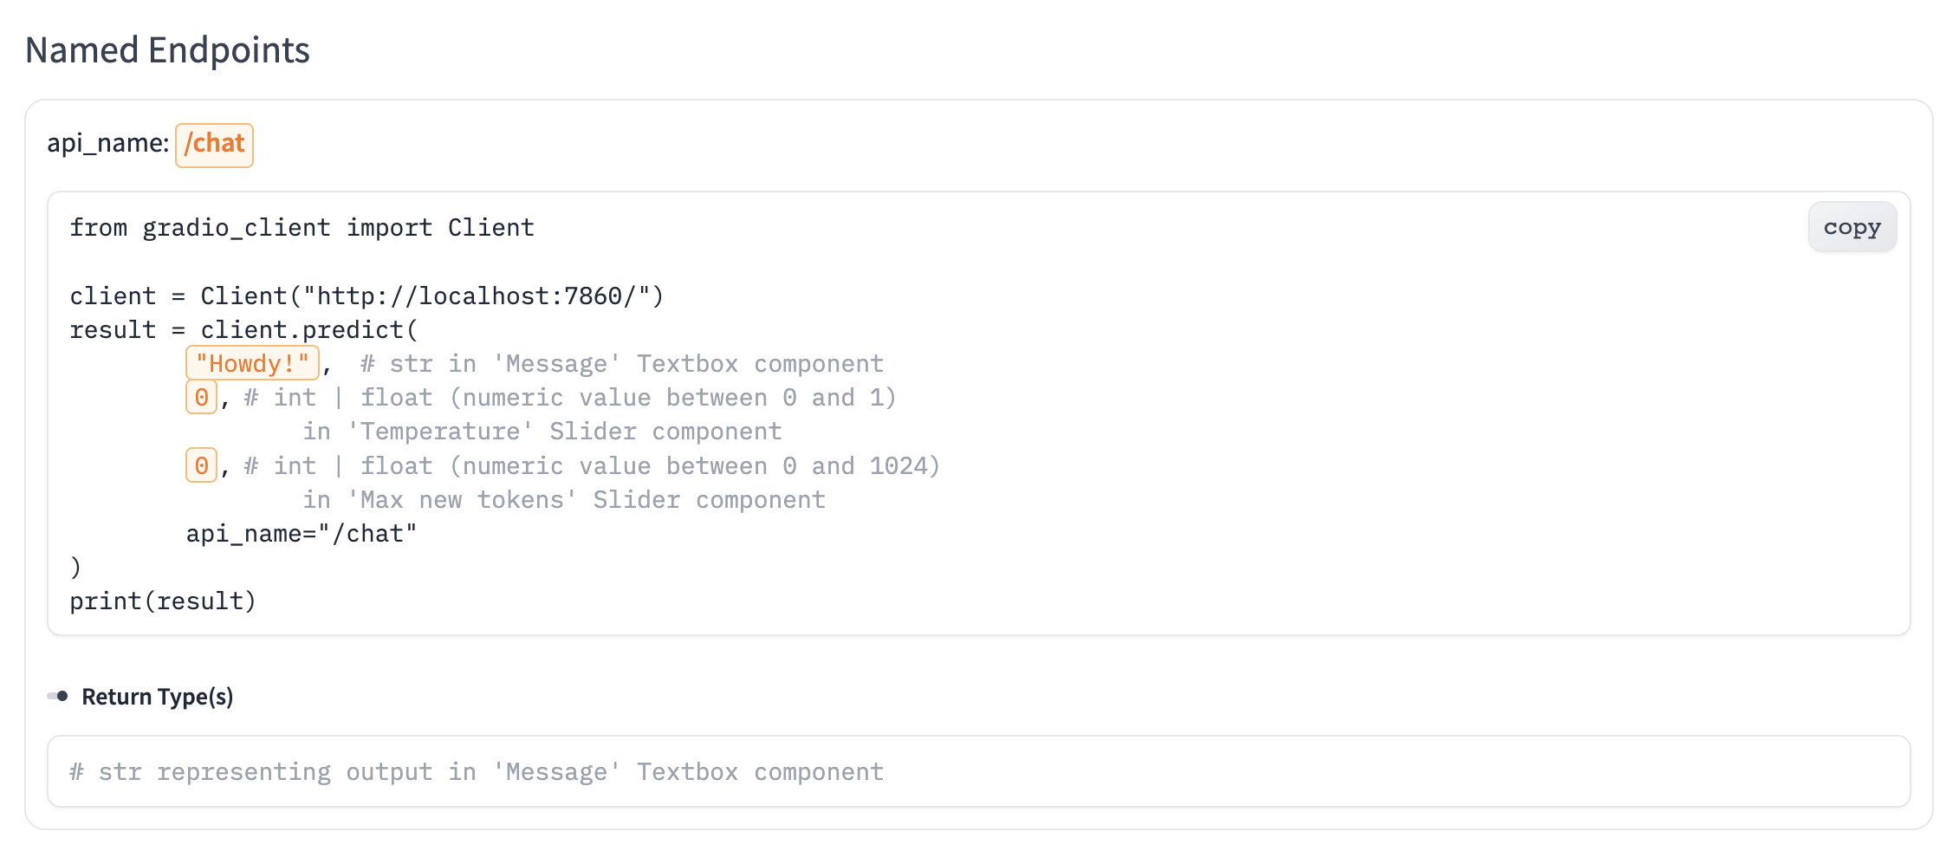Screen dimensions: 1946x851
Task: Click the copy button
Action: click(1852, 227)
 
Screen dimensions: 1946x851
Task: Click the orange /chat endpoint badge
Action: click(214, 144)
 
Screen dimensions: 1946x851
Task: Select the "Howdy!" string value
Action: click(252, 363)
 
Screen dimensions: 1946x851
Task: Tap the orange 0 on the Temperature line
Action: click(201, 398)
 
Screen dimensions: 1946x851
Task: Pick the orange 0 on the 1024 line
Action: click(201, 466)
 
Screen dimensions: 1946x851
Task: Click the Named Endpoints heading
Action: click(167, 50)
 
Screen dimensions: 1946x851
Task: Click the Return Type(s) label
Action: click(157, 697)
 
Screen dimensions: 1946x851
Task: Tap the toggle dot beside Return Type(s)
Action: click(61, 696)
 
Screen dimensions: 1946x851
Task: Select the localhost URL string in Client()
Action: click(476, 296)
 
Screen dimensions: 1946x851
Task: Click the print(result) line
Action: click(163, 601)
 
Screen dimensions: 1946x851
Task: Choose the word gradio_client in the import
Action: click(237, 228)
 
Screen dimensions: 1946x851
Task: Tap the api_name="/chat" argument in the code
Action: click(302, 534)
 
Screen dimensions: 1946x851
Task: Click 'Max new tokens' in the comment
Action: click(462, 500)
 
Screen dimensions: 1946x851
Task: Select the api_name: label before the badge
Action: click(107, 144)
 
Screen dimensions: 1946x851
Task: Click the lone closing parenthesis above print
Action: click(75, 568)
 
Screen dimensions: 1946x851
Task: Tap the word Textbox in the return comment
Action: click(687, 772)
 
